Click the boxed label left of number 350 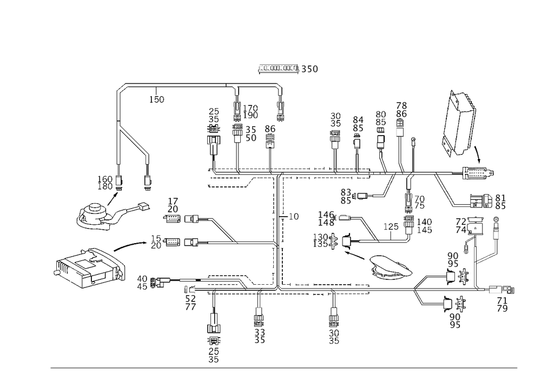(x=278, y=69)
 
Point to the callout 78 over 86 (x=401, y=110)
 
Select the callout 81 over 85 (x=500, y=202)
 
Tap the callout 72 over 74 (x=461, y=225)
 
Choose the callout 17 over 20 (x=174, y=205)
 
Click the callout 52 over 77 (x=190, y=301)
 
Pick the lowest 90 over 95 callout (x=456, y=321)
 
